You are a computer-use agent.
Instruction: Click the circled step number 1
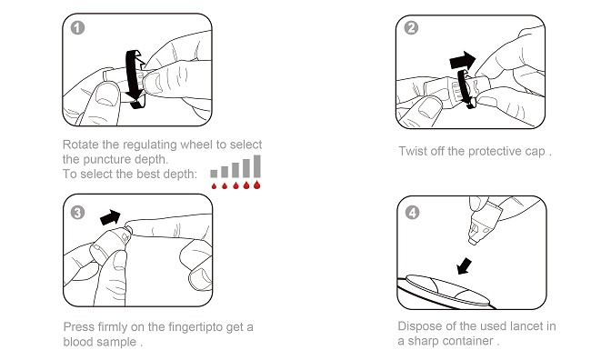(x=77, y=28)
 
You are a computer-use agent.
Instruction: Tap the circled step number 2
(x=411, y=28)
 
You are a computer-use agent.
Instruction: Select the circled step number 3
(x=77, y=213)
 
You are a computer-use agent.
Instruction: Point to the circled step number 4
(x=412, y=213)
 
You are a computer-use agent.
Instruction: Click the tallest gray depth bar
(x=257, y=166)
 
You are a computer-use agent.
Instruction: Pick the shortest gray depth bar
(x=214, y=174)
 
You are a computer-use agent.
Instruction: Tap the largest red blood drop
(x=257, y=185)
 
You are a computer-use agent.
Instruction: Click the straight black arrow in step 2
(x=463, y=60)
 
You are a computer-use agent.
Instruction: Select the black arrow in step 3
(x=110, y=217)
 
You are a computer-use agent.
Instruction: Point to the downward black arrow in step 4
(x=464, y=266)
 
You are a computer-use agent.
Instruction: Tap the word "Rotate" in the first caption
(x=81, y=145)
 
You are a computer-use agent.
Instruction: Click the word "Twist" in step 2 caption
(x=413, y=151)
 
